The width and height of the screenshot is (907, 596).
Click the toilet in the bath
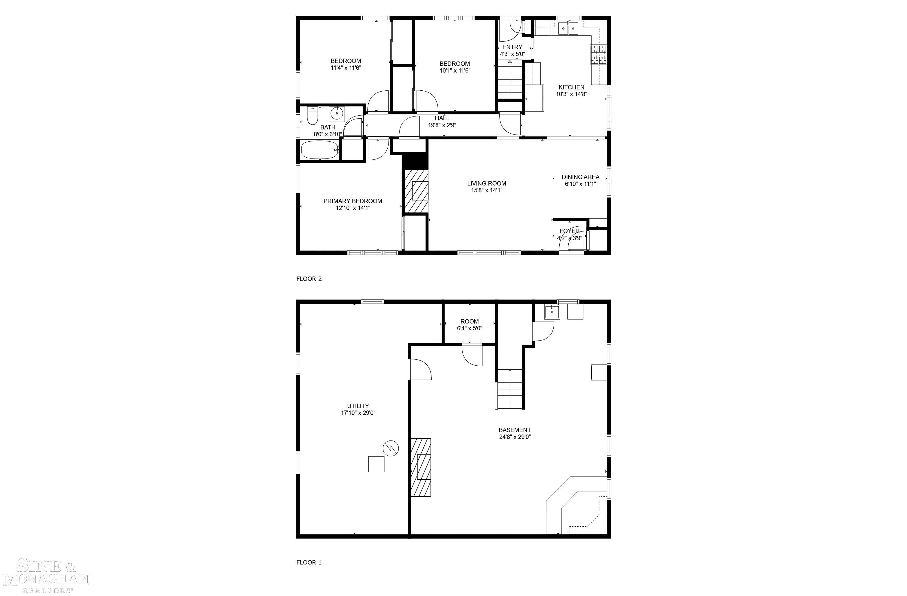point(312,116)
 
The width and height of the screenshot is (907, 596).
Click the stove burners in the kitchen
point(598,54)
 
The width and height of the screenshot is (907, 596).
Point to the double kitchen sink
point(568,28)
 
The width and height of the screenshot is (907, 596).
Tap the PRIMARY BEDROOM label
point(352,201)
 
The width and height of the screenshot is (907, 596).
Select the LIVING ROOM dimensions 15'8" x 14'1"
point(487,190)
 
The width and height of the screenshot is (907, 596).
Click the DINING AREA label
point(580,177)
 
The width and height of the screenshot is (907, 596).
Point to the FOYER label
point(569,231)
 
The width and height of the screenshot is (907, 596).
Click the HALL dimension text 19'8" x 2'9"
point(442,125)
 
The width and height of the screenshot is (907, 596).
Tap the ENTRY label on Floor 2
point(512,47)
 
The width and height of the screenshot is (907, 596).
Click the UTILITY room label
point(358,406)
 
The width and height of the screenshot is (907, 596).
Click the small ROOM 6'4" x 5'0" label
point(470,325)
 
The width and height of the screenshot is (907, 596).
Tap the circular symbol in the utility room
point(391,448)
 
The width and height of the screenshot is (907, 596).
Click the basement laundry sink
point(552,312)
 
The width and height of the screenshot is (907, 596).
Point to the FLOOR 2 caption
point(309,279)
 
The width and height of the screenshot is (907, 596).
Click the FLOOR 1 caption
point(309,562)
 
